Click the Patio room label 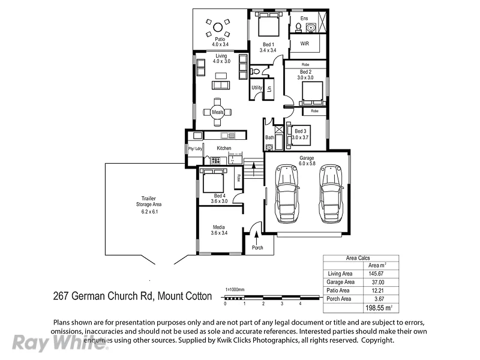(219, 39)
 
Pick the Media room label (218, 227)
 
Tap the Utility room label (257, 88)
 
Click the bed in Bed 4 (213, 180)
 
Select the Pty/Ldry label (194, 148)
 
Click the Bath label (269, 137)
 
